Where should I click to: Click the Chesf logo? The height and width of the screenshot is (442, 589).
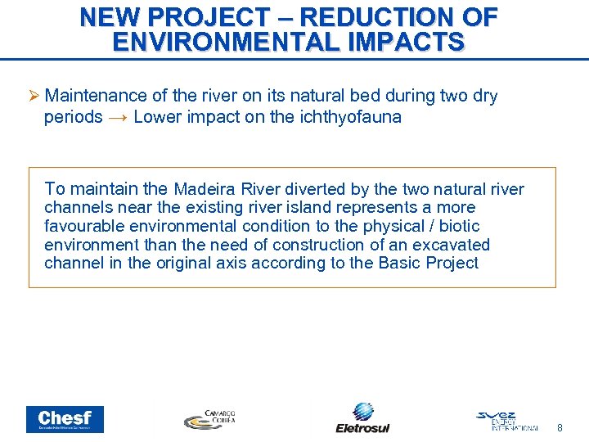tap(65, 419)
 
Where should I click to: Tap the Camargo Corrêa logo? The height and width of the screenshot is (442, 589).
tap(209, 419)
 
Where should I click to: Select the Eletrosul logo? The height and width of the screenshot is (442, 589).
tap(362, 417)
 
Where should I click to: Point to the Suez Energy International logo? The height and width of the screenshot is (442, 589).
tap(507, 420)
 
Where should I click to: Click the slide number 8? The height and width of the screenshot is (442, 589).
tap(560, 427)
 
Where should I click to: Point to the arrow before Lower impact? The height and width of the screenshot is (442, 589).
tap(118, 117)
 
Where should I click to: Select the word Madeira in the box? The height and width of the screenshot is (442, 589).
tap(206, 189)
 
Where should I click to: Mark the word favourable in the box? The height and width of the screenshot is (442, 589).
tap(86, 226)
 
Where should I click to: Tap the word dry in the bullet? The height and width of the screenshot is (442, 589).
tap(484, 96)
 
